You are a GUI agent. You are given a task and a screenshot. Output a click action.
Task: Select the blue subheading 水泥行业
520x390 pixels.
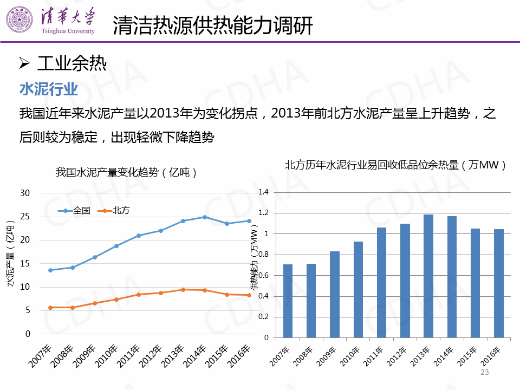(49, 89)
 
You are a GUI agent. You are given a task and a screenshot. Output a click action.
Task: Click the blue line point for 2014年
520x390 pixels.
(205, 217)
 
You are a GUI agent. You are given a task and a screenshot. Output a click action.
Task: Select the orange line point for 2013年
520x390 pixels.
(183, 290)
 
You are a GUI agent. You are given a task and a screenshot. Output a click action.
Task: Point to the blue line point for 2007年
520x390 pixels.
(50, 270)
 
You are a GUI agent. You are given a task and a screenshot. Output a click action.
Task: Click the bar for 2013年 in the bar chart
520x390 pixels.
(428, 276)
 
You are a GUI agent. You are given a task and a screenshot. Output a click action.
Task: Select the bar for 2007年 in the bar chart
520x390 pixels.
(288, 301)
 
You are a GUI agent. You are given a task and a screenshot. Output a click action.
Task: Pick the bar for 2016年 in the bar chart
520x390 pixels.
(499, 283)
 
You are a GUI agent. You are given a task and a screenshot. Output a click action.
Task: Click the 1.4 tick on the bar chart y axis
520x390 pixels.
(264, 192)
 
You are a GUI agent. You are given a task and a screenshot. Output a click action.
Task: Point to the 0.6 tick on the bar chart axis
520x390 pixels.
(264, 275)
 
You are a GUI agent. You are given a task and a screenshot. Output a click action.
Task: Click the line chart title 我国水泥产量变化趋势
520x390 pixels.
(126, 173)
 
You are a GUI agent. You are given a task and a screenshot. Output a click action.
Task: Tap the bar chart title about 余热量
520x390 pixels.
(395, 165)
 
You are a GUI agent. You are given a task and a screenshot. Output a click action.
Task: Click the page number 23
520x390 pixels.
(485, 372)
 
